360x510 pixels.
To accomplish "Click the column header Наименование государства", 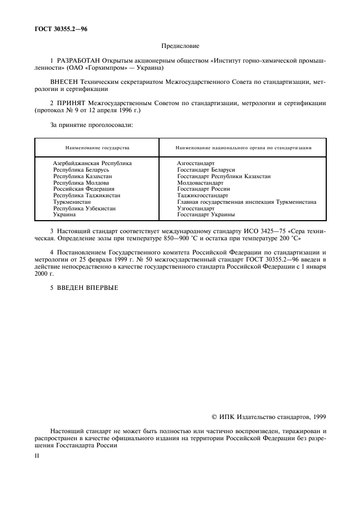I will tap(97, 147).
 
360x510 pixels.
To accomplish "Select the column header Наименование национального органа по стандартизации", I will tap(243, 147).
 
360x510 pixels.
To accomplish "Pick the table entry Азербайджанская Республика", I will tap(92, 163).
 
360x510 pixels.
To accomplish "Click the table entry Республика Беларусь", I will tap(78, 169).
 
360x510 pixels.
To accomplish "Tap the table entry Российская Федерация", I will tap(80, 189).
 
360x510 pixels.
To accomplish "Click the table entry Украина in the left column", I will tap(65, 215).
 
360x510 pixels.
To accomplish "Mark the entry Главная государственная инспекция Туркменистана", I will tap(247, 202).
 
